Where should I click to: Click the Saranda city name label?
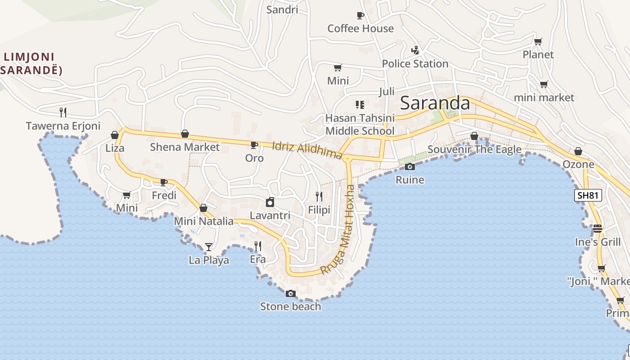[435, 103]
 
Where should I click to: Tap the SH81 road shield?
[588, 195]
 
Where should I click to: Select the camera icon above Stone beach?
[291, 294]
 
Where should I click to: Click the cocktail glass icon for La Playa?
[208, 247]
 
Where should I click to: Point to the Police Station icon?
[415, 50]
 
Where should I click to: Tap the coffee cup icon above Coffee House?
[360, 16]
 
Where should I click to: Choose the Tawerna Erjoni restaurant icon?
[63, 112]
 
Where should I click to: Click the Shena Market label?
[184, 147]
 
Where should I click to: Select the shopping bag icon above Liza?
[115, 135]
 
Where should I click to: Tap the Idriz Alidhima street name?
[307, 151]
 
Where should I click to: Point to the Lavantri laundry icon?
[270, 202]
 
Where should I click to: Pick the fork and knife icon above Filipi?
[319, 197]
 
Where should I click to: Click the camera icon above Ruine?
[409, 167]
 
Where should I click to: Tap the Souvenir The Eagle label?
[474, 149]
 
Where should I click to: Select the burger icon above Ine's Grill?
[598, 229]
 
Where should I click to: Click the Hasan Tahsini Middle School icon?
[360, 105]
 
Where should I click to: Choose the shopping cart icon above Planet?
[538, 42]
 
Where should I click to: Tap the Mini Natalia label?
[204, 221]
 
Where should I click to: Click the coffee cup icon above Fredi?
[164, 182]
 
